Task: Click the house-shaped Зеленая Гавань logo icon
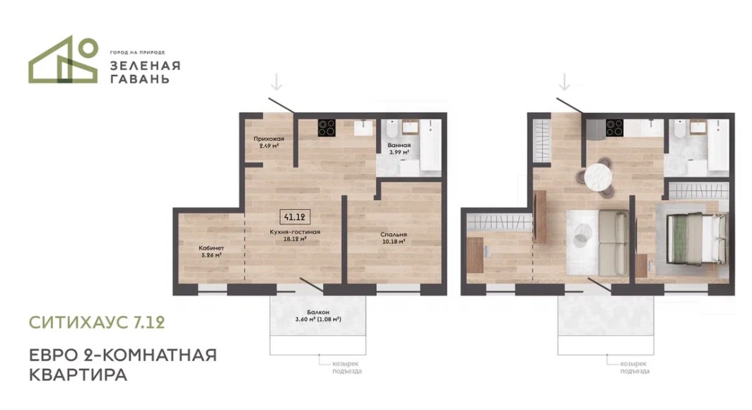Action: (64, 60)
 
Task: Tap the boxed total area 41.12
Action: (295, 217)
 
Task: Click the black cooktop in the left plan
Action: (327, 127)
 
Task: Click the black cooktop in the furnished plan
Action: (614, 127)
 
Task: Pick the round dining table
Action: (599, 177)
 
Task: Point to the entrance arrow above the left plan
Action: (276, 82)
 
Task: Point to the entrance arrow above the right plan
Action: (565, 82)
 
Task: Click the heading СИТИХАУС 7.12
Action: (97, 322)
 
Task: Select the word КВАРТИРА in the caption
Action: (78, 375)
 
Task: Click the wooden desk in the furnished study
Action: (475, 255)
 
